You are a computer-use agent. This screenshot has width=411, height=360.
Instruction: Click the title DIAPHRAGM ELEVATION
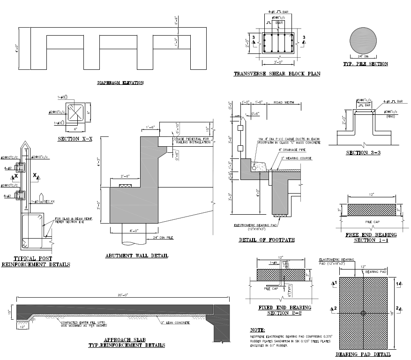coord(120,83)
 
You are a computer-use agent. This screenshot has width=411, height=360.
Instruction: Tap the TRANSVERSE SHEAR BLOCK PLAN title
coord(276,74)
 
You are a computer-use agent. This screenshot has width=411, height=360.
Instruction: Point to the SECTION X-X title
coord(75,139)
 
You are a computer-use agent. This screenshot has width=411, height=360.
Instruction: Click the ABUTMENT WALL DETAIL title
coord(136,256)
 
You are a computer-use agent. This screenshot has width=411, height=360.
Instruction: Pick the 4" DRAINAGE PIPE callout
coord(295,150)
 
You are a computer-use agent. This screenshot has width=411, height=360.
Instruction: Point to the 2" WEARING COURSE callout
coord(299,158)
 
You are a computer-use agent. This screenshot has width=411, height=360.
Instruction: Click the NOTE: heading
coord(258,330)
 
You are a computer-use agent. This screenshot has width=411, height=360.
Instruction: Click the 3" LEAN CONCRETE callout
coord(174,323)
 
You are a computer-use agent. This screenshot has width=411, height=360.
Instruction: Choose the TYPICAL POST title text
coord(33,258)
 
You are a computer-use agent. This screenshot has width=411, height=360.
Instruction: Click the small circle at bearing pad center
coord(363,313)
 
